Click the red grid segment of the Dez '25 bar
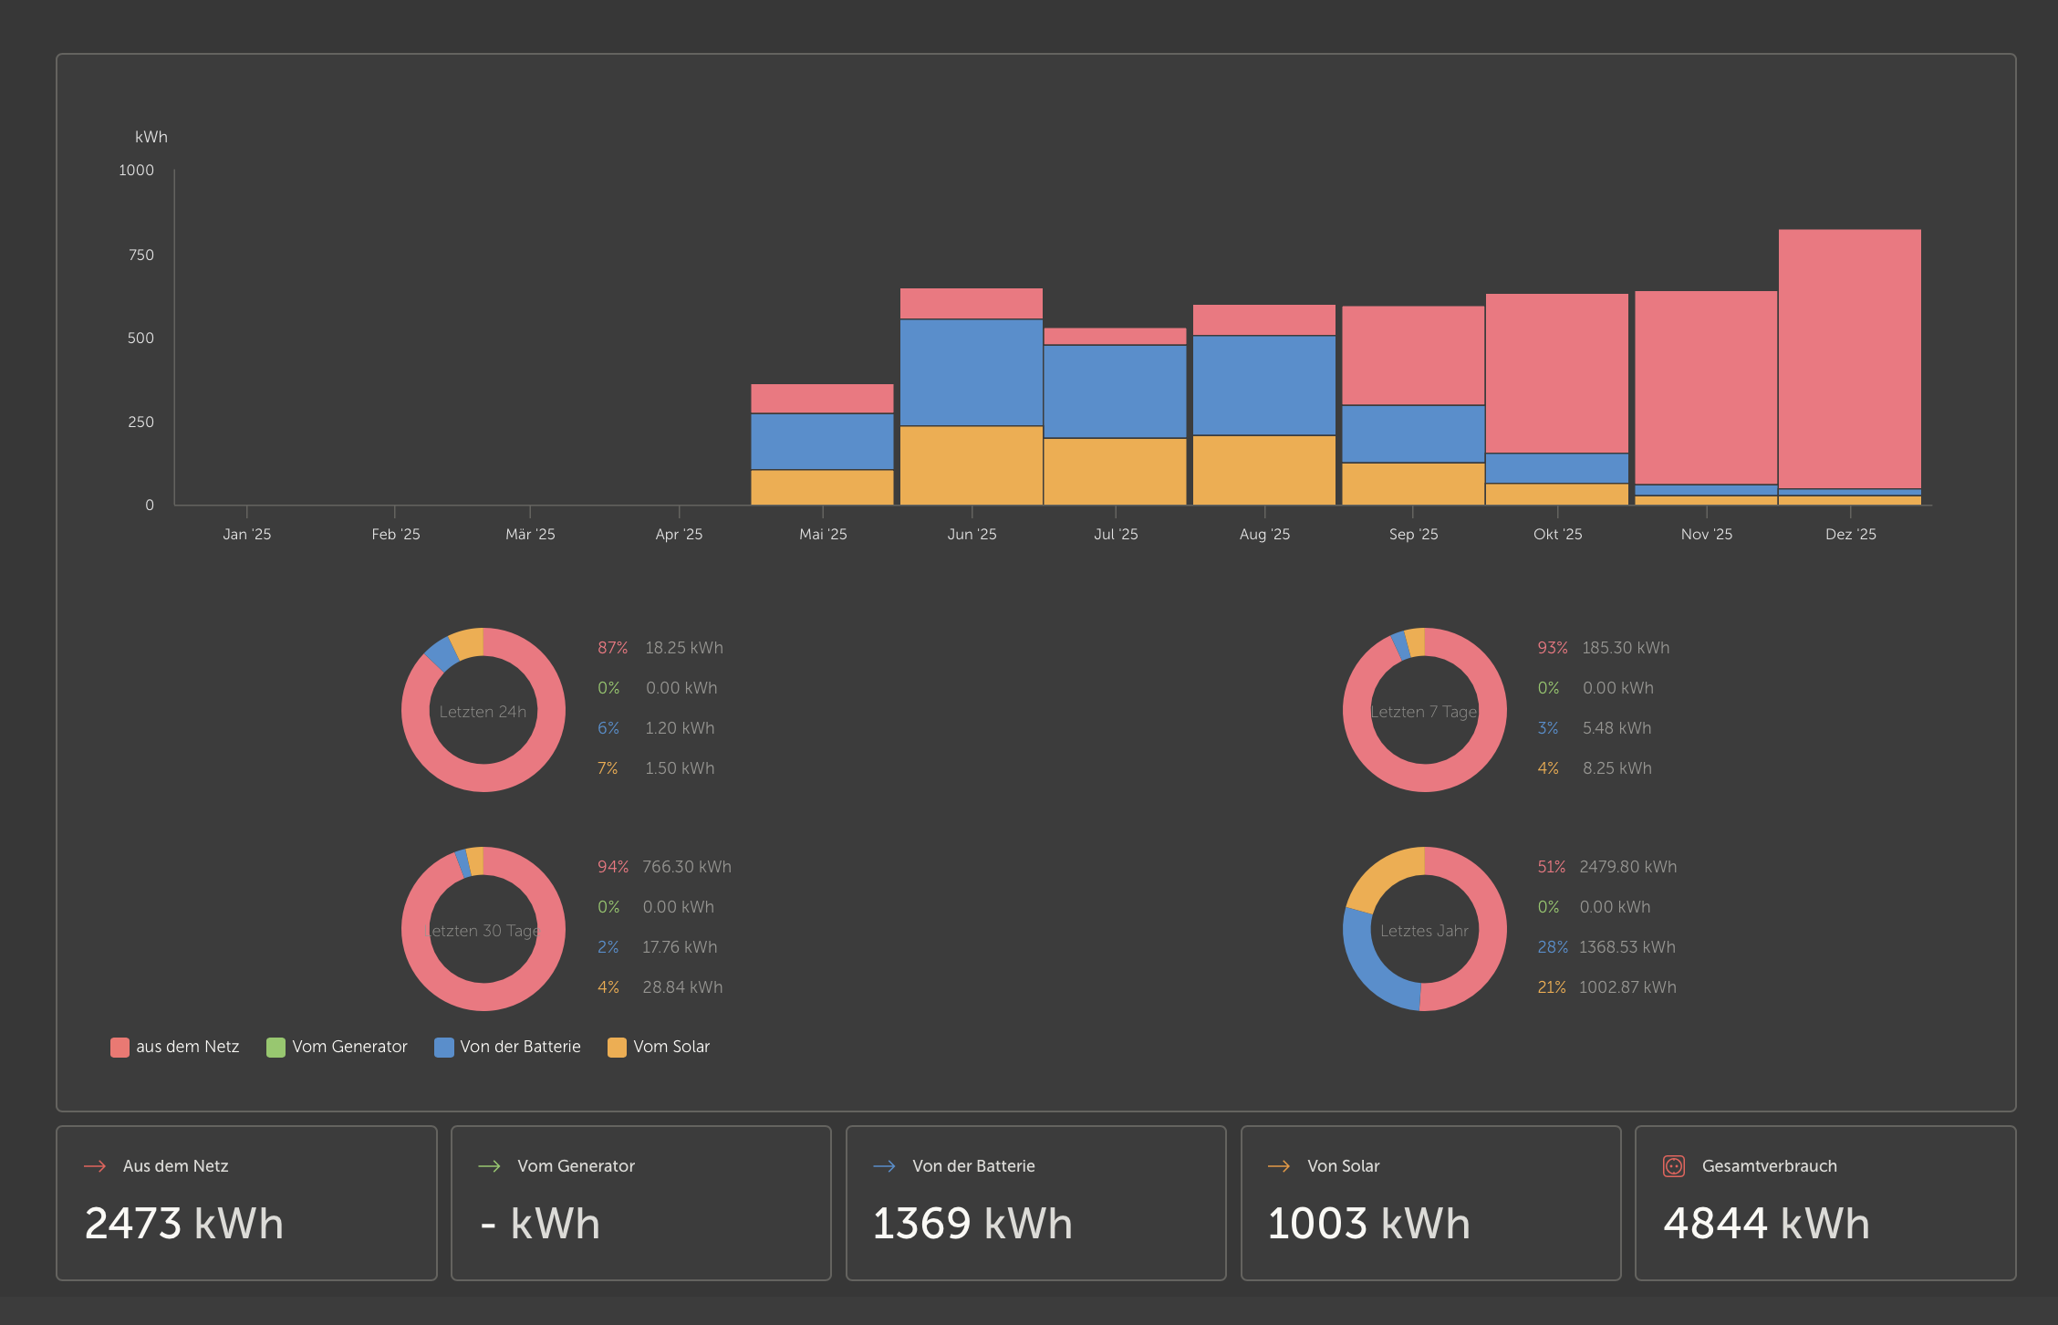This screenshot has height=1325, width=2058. (x=1849, y=358)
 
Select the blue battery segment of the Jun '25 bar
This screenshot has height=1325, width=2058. (x=971, y=372)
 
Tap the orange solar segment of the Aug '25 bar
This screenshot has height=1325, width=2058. (x=1263, y=469)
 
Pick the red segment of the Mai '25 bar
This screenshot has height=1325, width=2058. (x=822, y=399)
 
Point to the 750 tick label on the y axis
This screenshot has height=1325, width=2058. (x=140, y=255)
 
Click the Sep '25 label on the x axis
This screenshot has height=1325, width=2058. (x=1413, y=534)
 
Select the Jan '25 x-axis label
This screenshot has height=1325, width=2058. (x=246, y=534)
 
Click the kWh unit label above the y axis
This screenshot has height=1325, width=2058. (x=151, y=137)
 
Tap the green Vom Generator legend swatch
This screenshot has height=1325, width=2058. (x=275, y=1047)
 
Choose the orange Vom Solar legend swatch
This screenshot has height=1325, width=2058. (x=617, y=1047)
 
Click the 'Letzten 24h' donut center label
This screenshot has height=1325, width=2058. (x=483, y=712)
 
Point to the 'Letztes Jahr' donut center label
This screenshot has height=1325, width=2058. (x=1424, y=931)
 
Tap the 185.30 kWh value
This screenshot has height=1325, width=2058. (x=1626, y=648)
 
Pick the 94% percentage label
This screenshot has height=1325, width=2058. (x=612, y=867)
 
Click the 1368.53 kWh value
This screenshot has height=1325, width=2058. (x=1627, y=947)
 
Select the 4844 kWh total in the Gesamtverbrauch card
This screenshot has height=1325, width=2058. (x=1766, y=1224)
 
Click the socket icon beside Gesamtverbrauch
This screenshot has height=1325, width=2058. (x=1673, y=1166)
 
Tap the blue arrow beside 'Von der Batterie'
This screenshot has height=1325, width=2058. (x=884, y=1166)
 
